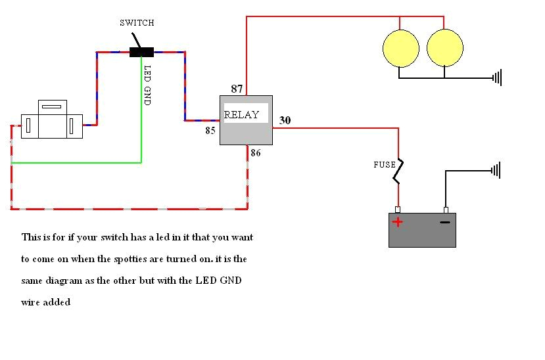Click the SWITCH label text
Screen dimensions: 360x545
(137, 22)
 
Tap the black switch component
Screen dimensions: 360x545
(141, 52)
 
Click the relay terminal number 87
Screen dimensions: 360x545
(237, 89)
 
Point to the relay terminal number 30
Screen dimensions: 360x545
(285, 120)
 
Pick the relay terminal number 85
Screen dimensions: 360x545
(210, 131)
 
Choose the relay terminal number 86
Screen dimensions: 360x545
(256, 153)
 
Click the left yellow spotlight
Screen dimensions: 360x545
(401, 48)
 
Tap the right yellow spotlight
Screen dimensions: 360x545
(444, 48)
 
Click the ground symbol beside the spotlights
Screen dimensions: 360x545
(497, 78)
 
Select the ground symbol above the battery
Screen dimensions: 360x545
(496, 170)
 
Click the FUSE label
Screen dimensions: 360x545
(385, 165)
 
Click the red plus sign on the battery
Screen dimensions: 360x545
(397, 222)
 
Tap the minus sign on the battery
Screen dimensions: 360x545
(445, 222)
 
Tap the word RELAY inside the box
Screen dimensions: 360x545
(241, 114)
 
